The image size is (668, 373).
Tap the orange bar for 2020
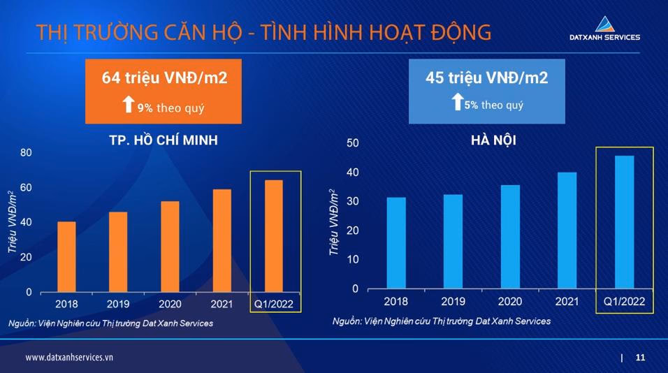point(170,247)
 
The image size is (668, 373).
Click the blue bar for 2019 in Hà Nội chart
point(453,241)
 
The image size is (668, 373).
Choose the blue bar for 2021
point(567,230)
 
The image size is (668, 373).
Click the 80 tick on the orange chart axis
point(26,152)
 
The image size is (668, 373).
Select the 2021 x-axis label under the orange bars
point(222,304)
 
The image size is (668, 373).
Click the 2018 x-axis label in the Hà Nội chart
point(396,301)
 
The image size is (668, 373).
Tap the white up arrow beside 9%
point(128,105)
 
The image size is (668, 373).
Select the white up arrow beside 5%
point(457,103)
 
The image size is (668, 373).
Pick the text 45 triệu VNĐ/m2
point(487,78)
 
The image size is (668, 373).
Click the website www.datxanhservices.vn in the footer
point(69,357)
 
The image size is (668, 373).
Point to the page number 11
point(640,358)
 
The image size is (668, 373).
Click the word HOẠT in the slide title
point(374,33)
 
